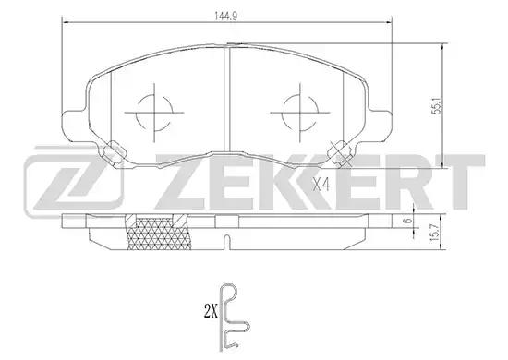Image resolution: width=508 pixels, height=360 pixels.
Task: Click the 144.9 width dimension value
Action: coord(226,17)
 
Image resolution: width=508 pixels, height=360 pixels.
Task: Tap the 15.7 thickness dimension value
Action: coord(436,233)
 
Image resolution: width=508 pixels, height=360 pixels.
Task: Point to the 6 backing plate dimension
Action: coord(409,221)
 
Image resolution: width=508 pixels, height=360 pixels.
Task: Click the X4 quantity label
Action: coord(321,186)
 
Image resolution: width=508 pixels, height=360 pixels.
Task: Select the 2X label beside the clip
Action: coord(210,313)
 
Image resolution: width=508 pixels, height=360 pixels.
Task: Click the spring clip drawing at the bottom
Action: coord(233,318)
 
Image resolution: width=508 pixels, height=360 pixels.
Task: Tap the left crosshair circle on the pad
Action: coord(154,113)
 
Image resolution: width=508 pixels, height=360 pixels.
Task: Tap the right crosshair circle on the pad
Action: coord(300,113)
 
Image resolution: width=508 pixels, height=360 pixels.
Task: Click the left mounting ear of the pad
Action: coord(74,126)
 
